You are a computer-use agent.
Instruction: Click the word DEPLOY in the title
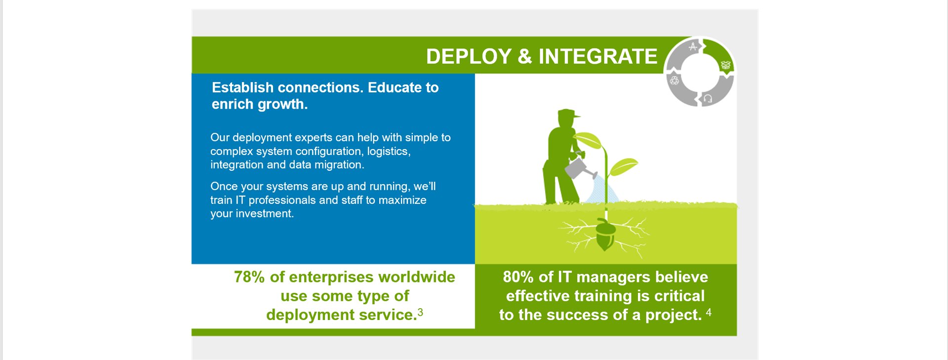point(468,56)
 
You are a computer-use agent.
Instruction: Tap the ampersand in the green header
point(524,56)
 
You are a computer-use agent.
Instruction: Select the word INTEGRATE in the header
point(597,56)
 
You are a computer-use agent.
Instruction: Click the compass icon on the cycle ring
point(693,47)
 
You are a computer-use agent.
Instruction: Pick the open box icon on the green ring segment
point(725,65)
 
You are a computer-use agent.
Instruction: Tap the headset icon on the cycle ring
point(708,99)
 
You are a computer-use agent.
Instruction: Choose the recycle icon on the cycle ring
point(674,80)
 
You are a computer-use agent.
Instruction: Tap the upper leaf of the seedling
point(589,139)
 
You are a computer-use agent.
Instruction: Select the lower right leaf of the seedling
point(624,165)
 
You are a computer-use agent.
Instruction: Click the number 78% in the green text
point(249,277)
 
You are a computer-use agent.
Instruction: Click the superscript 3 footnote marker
point(420,312)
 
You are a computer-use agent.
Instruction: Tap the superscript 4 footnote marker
point(709,312)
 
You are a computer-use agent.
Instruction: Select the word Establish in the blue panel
point(242,87)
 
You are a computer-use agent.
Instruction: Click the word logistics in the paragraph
point(388,151)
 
